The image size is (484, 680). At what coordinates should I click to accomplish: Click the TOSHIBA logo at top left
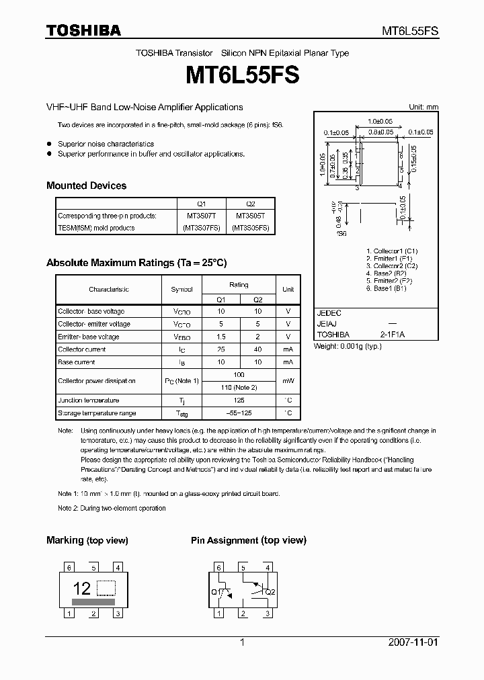[x=83, y=30]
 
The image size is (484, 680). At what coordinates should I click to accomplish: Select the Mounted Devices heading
[x=86, y=185]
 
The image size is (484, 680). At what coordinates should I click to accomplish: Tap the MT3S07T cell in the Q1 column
[x=202, y=216]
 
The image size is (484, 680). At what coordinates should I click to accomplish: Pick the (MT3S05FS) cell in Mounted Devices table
[x=251, y=228]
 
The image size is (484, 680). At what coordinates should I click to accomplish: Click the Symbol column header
[x=182, y=289]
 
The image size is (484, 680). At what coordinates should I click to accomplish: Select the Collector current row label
[x=82, y=349]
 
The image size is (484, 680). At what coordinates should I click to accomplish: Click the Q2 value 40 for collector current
[x=258, y=349]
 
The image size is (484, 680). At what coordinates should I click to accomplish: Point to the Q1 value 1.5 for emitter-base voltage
[x=220, y=337]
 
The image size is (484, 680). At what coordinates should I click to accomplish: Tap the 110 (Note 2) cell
[x=239, y=388]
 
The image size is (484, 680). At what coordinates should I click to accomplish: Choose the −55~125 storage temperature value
[x=239, y=413]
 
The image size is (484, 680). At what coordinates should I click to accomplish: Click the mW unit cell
[x=288, y=381]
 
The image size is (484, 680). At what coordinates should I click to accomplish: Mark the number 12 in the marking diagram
[x=81, y=589]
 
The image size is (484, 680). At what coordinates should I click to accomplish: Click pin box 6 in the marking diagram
[x=69, y=567]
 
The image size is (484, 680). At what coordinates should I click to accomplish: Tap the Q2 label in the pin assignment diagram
[x=270, y=592]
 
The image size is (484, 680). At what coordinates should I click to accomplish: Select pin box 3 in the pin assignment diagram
[x=267, y=613]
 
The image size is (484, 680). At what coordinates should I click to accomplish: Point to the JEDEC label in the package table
[x=329, y=313]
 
